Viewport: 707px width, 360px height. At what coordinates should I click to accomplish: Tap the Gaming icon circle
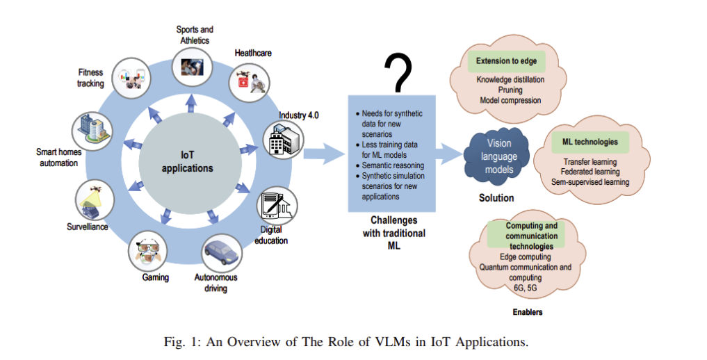pyautogui.click(x=148, y=250)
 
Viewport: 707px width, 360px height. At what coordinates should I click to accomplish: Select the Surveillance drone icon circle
pyautogui.click(x=95, y=199)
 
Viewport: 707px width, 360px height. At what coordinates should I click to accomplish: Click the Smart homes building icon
pyautogui.click(x=92, y=131)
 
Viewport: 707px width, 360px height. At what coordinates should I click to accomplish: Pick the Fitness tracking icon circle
pyautogui.click(x=131, y=78)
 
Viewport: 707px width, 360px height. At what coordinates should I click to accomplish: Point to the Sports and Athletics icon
pyautogui.click(x=192, y=67)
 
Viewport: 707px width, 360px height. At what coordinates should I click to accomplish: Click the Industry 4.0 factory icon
pyautogui.click(x=284, y=140)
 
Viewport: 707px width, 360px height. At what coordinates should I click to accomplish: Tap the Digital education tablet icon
pyautogui.click(x=277, y=206)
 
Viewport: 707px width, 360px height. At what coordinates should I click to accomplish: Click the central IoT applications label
pyautogui.click(x=188, y=162)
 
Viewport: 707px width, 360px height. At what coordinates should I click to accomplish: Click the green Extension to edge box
pyautogui.click(x=506, y=61)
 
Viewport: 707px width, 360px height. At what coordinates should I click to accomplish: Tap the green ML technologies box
pyautogui.click(x=590, y=142)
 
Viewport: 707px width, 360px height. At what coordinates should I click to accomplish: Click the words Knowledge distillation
pyautogui.click(x=510, y=80)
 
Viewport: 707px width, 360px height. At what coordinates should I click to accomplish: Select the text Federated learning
pyautogui.click(x=590, y=172)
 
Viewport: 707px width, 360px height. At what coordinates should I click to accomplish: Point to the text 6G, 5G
pyautogui.click(x=526, y=288)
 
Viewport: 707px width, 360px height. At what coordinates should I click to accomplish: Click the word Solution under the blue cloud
pyautogui.click(x=496, y=198)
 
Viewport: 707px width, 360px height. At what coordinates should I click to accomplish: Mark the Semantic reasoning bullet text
pyautogui.click(x=393, y=165)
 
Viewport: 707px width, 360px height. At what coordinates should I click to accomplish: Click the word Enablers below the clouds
pyautogui.click(x=528, y=312)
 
